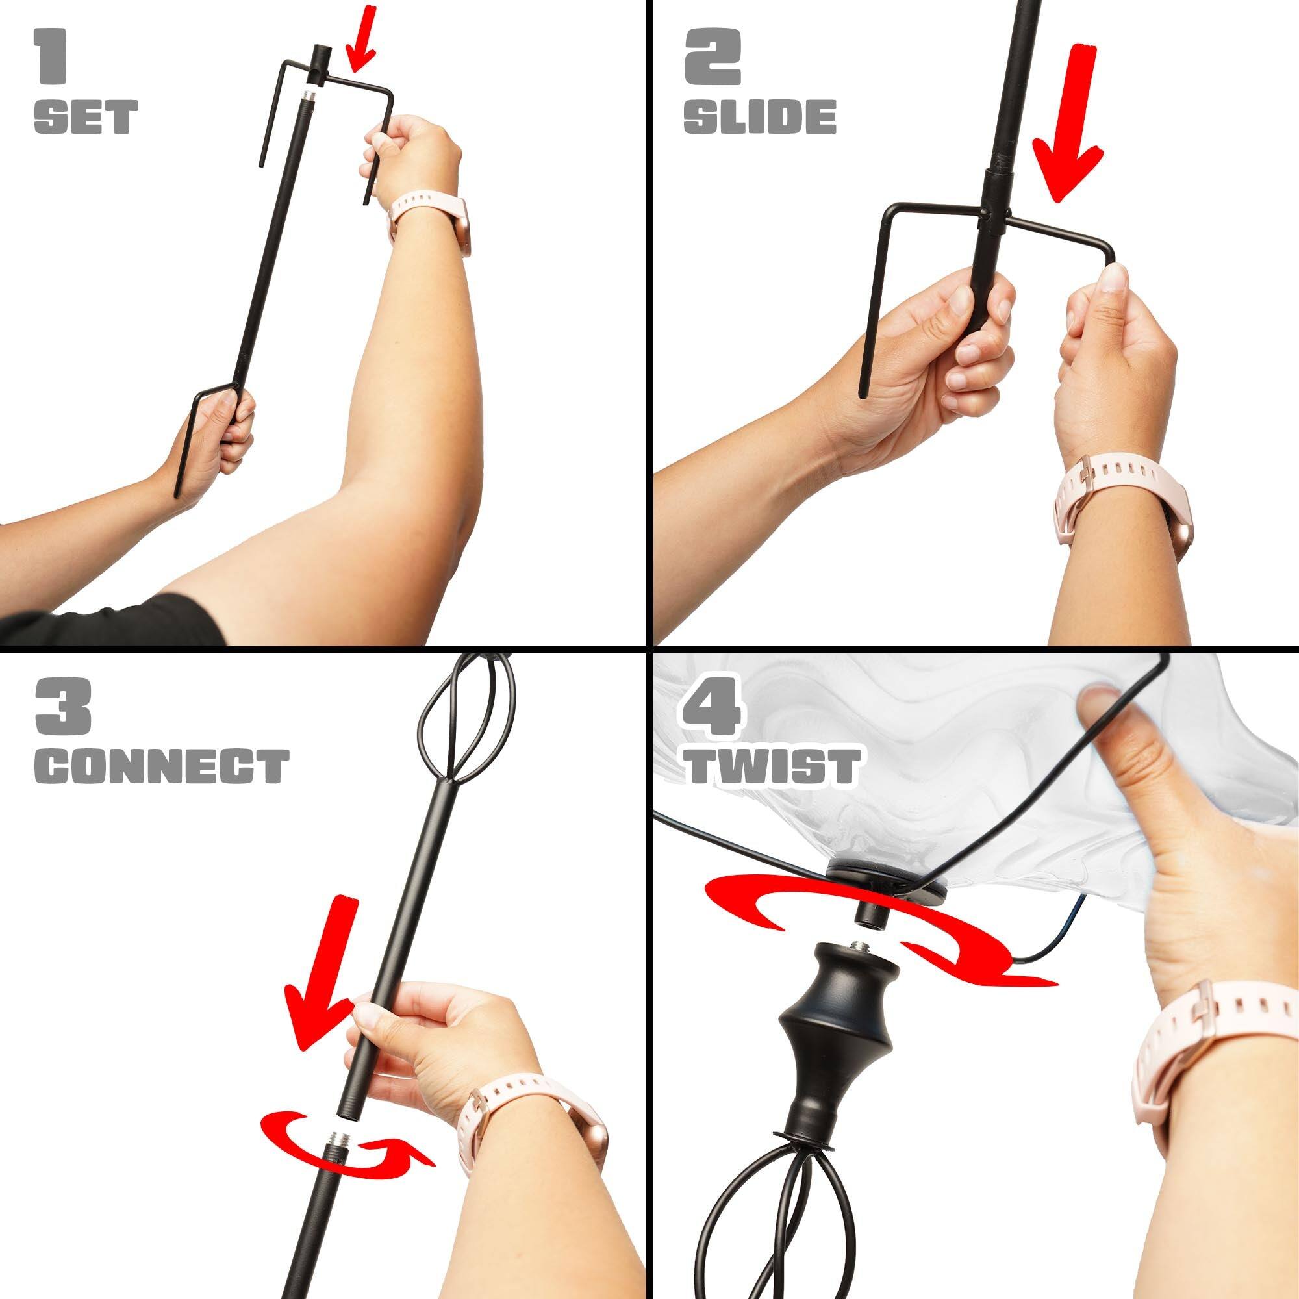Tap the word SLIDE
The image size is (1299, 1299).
click(760, 118)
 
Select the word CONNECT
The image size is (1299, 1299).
click(161, 768)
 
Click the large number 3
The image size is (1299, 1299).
click(62, 707)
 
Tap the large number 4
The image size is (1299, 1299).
click(714, 707)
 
